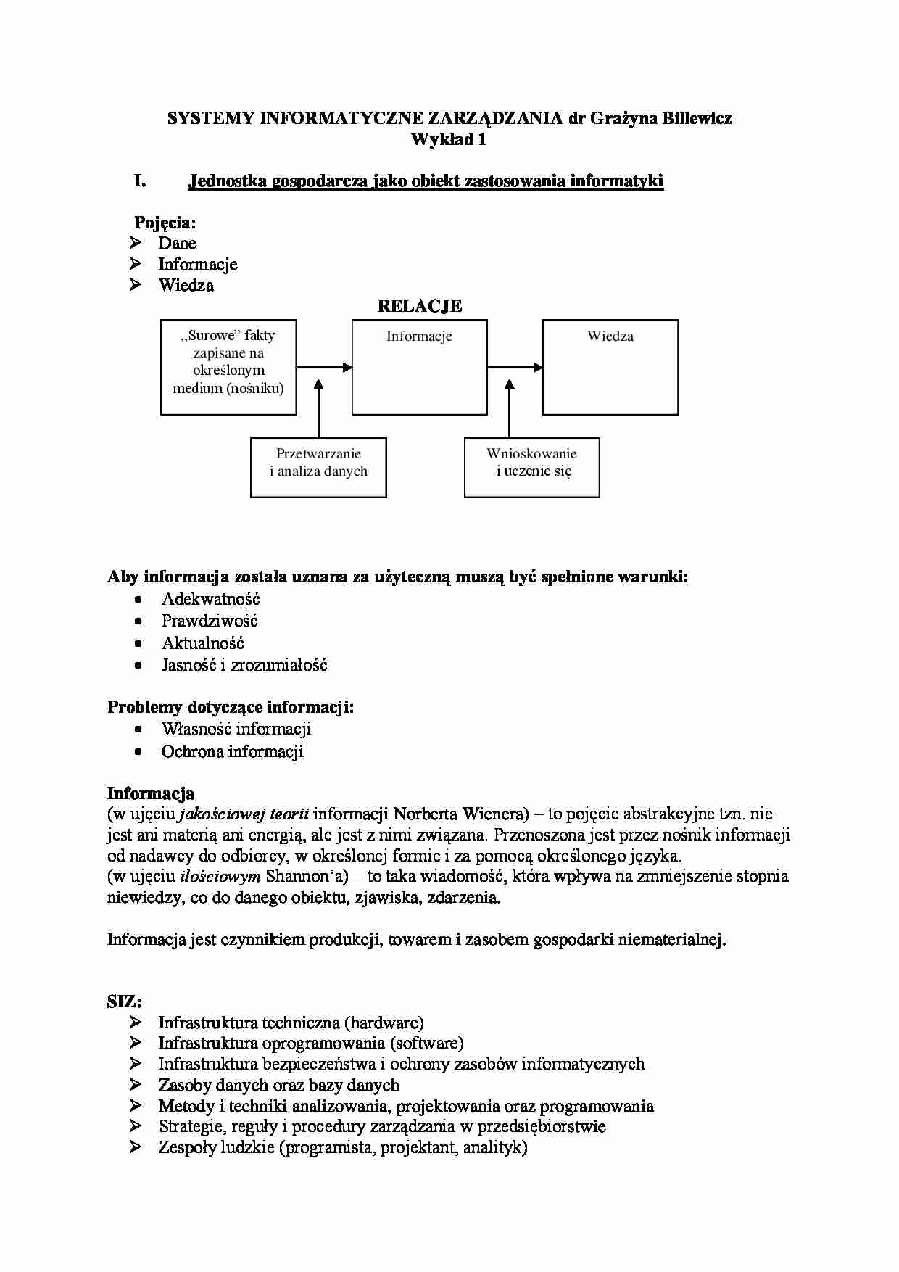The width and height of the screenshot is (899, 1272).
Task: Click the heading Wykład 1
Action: click(x=448, y=139)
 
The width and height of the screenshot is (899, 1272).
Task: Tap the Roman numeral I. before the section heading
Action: click(x=140, y=181)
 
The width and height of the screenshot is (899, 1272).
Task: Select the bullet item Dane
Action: click(x=177, y=243)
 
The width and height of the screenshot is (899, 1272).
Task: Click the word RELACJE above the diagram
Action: click(x=419, y=306)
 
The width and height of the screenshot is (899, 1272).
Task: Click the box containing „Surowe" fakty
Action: click(x=228, y=367)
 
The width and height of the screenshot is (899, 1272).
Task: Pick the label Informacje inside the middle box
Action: click(x=419, y=336)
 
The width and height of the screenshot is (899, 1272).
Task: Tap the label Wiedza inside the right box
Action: click(x=610, y=336)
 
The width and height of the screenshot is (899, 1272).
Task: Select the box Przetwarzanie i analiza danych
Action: click(x=318, y=467)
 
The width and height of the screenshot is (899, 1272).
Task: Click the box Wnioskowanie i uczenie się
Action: click(x=531, y=467)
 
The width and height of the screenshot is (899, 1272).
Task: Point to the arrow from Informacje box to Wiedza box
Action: click(x=515, y=368)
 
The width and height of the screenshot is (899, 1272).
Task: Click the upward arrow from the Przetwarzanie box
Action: click(x=318, y=410)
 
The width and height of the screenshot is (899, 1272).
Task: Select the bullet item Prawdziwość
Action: click(x=210, y=621)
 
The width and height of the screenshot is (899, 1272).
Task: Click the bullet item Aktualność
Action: click(x=202, y=643)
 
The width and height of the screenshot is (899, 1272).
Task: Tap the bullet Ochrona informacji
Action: click(x=232, y=751)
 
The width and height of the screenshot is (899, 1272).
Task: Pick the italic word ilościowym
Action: click(x=220, y=876)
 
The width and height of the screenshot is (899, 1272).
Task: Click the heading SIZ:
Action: click(x=124, y=1002)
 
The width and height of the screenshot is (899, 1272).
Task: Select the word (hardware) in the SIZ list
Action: click(x=384, y=1023)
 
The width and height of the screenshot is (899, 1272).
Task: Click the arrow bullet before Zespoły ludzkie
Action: click(x=136, y=1147)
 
